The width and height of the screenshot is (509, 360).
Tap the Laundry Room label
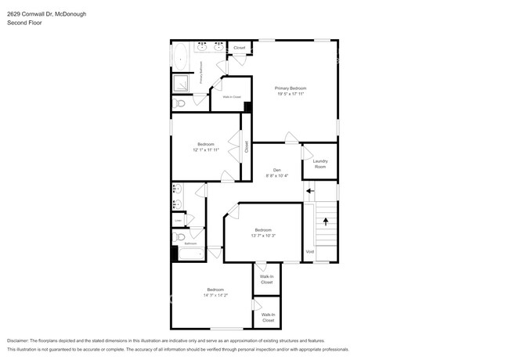[x=320, y=164]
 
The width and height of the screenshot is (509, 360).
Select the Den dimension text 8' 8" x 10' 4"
[x=276, y=176]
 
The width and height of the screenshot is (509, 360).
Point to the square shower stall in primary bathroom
[x=181, y=81]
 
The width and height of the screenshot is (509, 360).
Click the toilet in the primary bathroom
[x=179, y=103]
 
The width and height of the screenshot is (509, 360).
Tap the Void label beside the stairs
[x=309, y=251]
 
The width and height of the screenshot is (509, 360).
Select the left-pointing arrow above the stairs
[x=310, y=190]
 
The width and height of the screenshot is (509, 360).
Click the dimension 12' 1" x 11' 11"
[x=206, y=149]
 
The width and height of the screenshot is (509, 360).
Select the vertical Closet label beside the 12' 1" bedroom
[x=246, y=146]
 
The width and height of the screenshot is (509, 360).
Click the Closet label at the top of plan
[x=239, y=48]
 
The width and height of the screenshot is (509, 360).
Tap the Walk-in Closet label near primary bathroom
[x=232, y=97]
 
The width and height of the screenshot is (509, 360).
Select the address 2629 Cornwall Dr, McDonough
[x=47, y=13]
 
